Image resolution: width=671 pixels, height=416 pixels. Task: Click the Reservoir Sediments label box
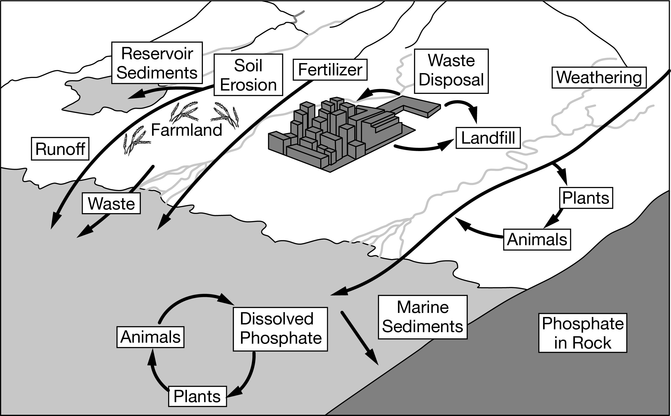coord(157,63)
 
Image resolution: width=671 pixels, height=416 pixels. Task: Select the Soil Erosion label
coord(248,75)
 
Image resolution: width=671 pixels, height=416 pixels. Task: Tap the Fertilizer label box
coord(330,70)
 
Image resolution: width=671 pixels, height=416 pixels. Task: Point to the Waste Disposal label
coord(451,71)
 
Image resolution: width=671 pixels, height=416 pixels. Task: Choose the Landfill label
coord(488,138)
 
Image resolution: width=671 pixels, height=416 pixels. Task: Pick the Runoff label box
coord(60,149)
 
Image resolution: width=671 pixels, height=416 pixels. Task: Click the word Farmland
coord(186,130)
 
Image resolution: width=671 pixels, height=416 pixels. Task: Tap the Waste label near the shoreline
coord(111,203)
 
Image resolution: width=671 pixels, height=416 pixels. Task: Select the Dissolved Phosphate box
coord(280,329)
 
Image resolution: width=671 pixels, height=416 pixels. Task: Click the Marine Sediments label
coord(423,317)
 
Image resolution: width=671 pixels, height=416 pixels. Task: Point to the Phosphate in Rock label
coord(583,333)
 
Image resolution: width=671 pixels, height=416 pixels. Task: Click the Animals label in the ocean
coord(151,337)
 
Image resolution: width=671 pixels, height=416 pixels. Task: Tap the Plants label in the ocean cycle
coord(197,397)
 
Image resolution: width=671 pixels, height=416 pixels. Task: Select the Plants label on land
coord(586,198)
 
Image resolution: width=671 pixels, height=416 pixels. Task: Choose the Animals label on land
coord(537,239)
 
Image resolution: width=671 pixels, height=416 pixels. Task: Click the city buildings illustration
coord(338,132)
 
